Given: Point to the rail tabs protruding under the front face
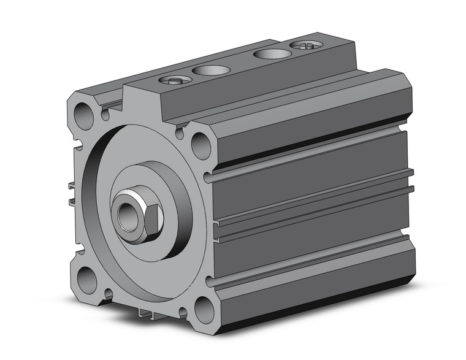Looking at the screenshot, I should (147, 314).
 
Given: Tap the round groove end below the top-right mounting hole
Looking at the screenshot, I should (210, 178).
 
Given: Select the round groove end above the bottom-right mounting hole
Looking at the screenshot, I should (210, 281).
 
